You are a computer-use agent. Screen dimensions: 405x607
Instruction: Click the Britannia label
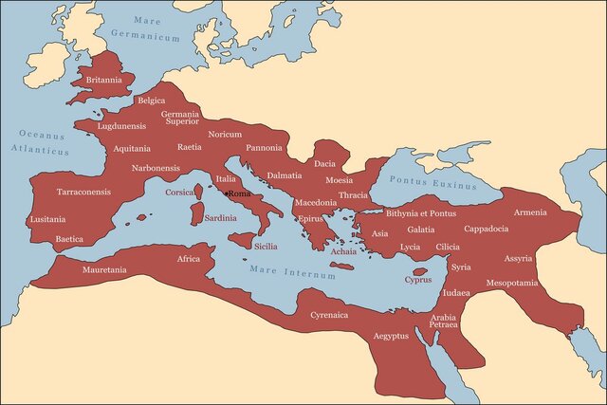[x=103, y=81]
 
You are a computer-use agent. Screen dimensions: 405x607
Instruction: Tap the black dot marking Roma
[x=226, y=193]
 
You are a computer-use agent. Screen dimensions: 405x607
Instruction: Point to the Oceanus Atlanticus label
[x=41, y=143]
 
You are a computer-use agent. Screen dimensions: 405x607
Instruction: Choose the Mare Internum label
[x=293, y=273]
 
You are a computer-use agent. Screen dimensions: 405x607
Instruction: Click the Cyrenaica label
[x=330, y=314]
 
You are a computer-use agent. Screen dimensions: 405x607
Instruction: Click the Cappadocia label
[x=492, y=230]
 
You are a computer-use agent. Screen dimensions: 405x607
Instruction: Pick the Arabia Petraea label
[x=444, y=321]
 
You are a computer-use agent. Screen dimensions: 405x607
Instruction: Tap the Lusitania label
[x=47, y=219]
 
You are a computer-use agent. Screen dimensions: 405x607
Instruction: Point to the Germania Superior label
[x=180, y=117]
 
